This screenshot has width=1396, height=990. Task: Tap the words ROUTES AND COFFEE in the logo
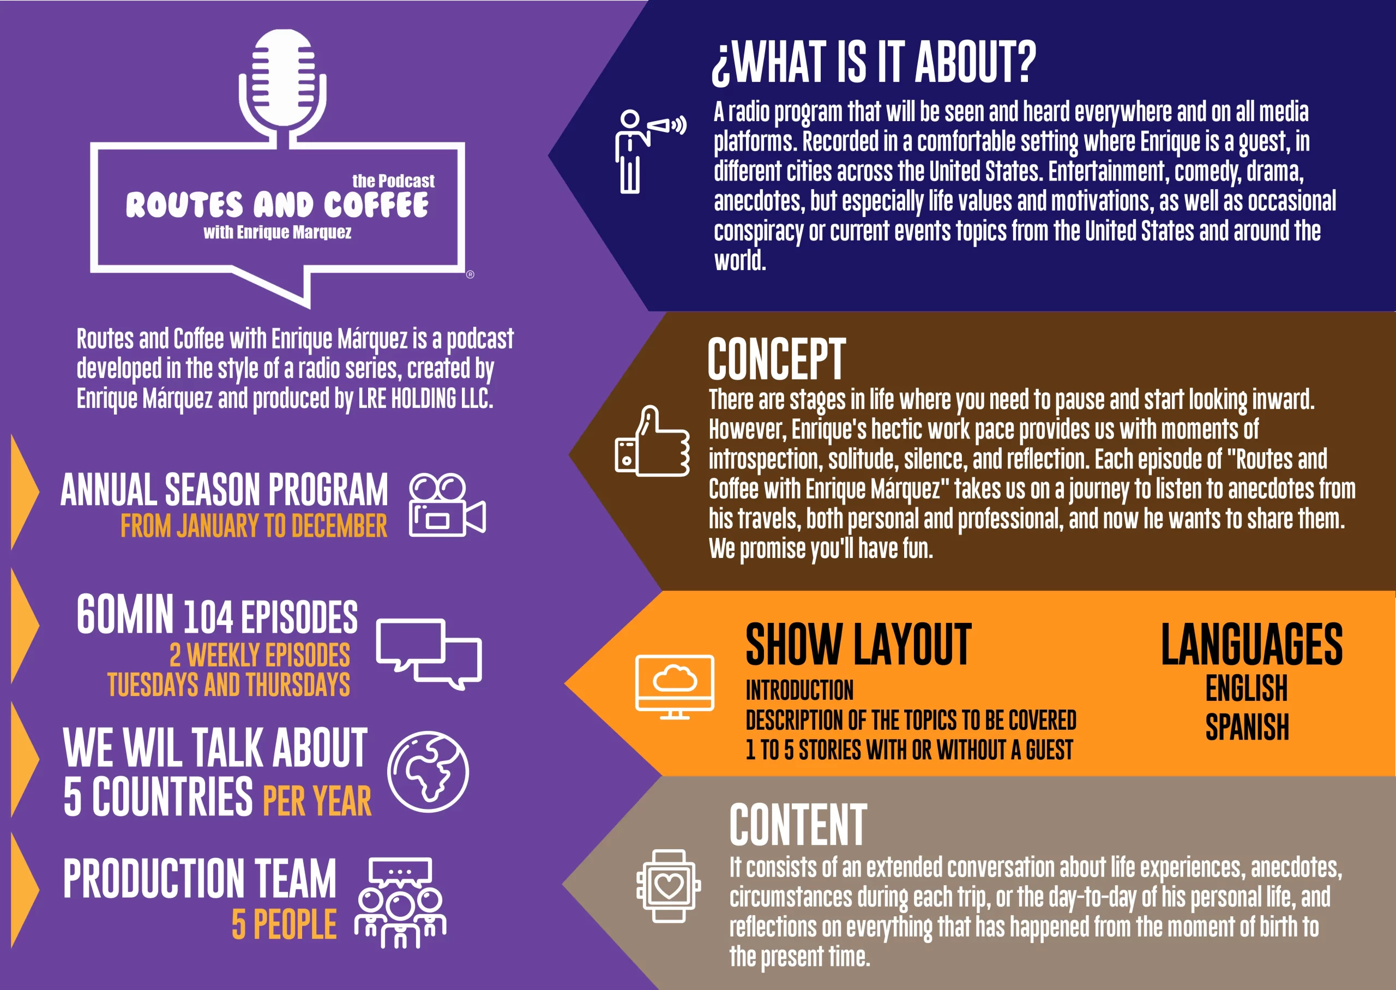(277, 205)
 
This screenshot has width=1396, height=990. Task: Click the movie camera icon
(447, 505)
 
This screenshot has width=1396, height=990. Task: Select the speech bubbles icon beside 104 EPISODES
(429, 654)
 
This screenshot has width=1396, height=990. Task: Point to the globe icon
(428, 772)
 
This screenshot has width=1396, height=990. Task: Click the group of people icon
(400, 903)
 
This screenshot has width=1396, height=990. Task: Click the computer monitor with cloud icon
(675, 686)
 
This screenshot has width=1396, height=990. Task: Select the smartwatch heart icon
(669, 886)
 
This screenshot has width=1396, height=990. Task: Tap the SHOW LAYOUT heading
(858, 644)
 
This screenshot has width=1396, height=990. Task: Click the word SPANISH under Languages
(1247, 727)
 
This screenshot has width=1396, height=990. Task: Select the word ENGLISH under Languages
(1247, 688)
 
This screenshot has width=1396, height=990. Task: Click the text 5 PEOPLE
(284, 924)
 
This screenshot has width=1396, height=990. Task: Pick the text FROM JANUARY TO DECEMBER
(254, 525)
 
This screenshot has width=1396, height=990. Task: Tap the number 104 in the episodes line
(208, 617)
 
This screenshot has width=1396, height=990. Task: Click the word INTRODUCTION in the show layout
(799, 690)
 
